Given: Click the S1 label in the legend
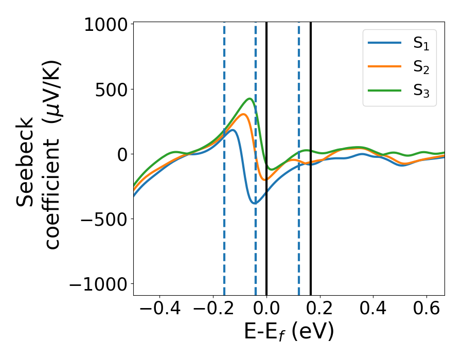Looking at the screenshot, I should (421, 44).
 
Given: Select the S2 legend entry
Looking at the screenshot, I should (421, 67).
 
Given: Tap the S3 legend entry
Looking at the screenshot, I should (421, 91).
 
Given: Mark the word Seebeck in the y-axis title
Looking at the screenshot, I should (26, 161).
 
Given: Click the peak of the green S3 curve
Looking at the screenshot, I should (250, 99).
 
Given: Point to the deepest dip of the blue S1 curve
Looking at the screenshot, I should (254, 203).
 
